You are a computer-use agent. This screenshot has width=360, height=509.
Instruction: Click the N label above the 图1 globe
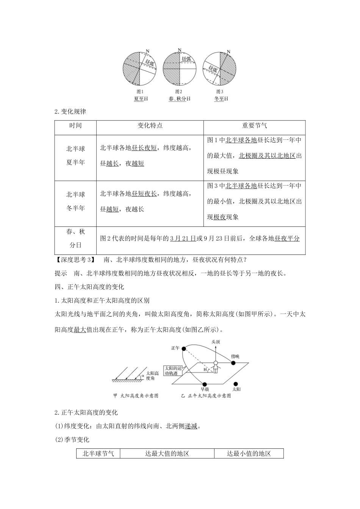click(148, 51)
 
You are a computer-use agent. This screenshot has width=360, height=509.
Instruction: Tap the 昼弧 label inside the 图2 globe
click(186, 59)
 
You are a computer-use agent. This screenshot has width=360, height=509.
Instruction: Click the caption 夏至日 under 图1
click(141, 99)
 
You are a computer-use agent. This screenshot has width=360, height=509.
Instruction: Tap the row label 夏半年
click(75, 162)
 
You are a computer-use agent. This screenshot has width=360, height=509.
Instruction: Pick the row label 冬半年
click(75, 208)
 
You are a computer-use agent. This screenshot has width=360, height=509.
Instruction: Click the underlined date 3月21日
click(183, 239)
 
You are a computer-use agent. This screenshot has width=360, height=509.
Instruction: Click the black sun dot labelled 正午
click(183, 348)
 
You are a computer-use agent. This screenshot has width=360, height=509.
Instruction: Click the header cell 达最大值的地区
click(167, 453)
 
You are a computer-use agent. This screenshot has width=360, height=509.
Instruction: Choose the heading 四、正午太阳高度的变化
click(90, 287)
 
